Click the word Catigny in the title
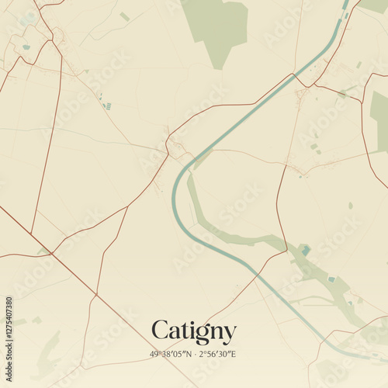click(x=193, y=331)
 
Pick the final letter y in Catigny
click(x=229, y=334)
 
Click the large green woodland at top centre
click(x=217, y=26)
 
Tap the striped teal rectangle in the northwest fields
click(x=107, y=106)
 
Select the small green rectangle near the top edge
click(x=125, y=16)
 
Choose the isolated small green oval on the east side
click(x=350, y=206)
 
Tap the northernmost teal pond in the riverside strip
click(x=306, y=250)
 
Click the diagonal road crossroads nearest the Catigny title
click(x=96, y=293)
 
